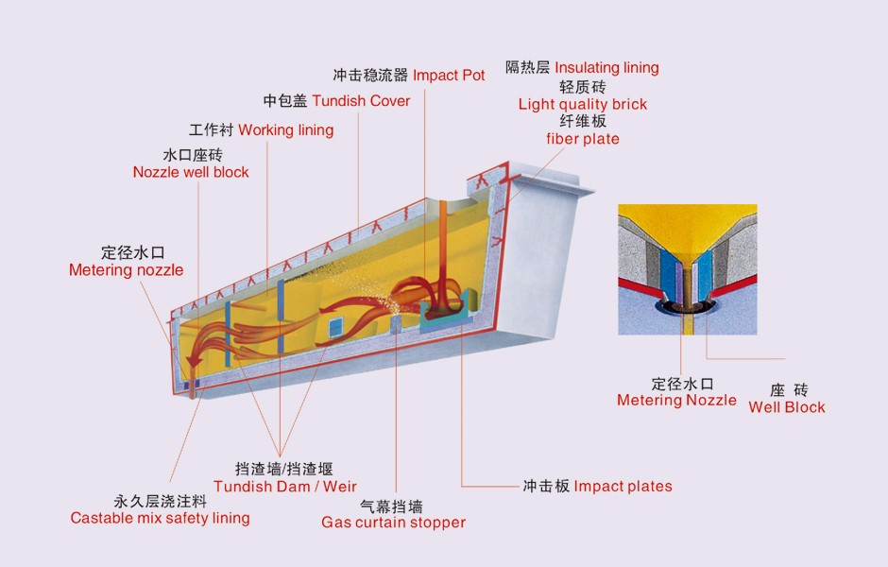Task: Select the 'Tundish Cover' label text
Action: pyautogui.click(x=361, y=100)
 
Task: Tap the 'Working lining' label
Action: pyautogui.click(x=285, y=129)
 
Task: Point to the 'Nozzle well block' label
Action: pyautogui.click(x=191, y=172)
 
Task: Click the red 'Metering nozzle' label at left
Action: pyautogui.click(x=126, y=270)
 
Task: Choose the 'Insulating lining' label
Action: pyautogui.click(x=606, y=68)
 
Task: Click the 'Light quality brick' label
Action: pyautogui.click(x=582, y=104)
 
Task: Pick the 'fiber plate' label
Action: pyautogui.click(x=582, y=139)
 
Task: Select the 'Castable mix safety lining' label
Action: pyautogui.click(x=160, y=518)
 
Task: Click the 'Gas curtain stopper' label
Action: pyautogui.click(x=393, y=523)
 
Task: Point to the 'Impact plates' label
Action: pyautogui.click(x=623, y=486)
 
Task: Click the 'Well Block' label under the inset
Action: pyautogui.click(x=786, y=407)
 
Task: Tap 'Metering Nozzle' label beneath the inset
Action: pyautogui.click(x=676, y=400)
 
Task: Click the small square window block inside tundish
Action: pyautogui.click(x=337, y=326)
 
